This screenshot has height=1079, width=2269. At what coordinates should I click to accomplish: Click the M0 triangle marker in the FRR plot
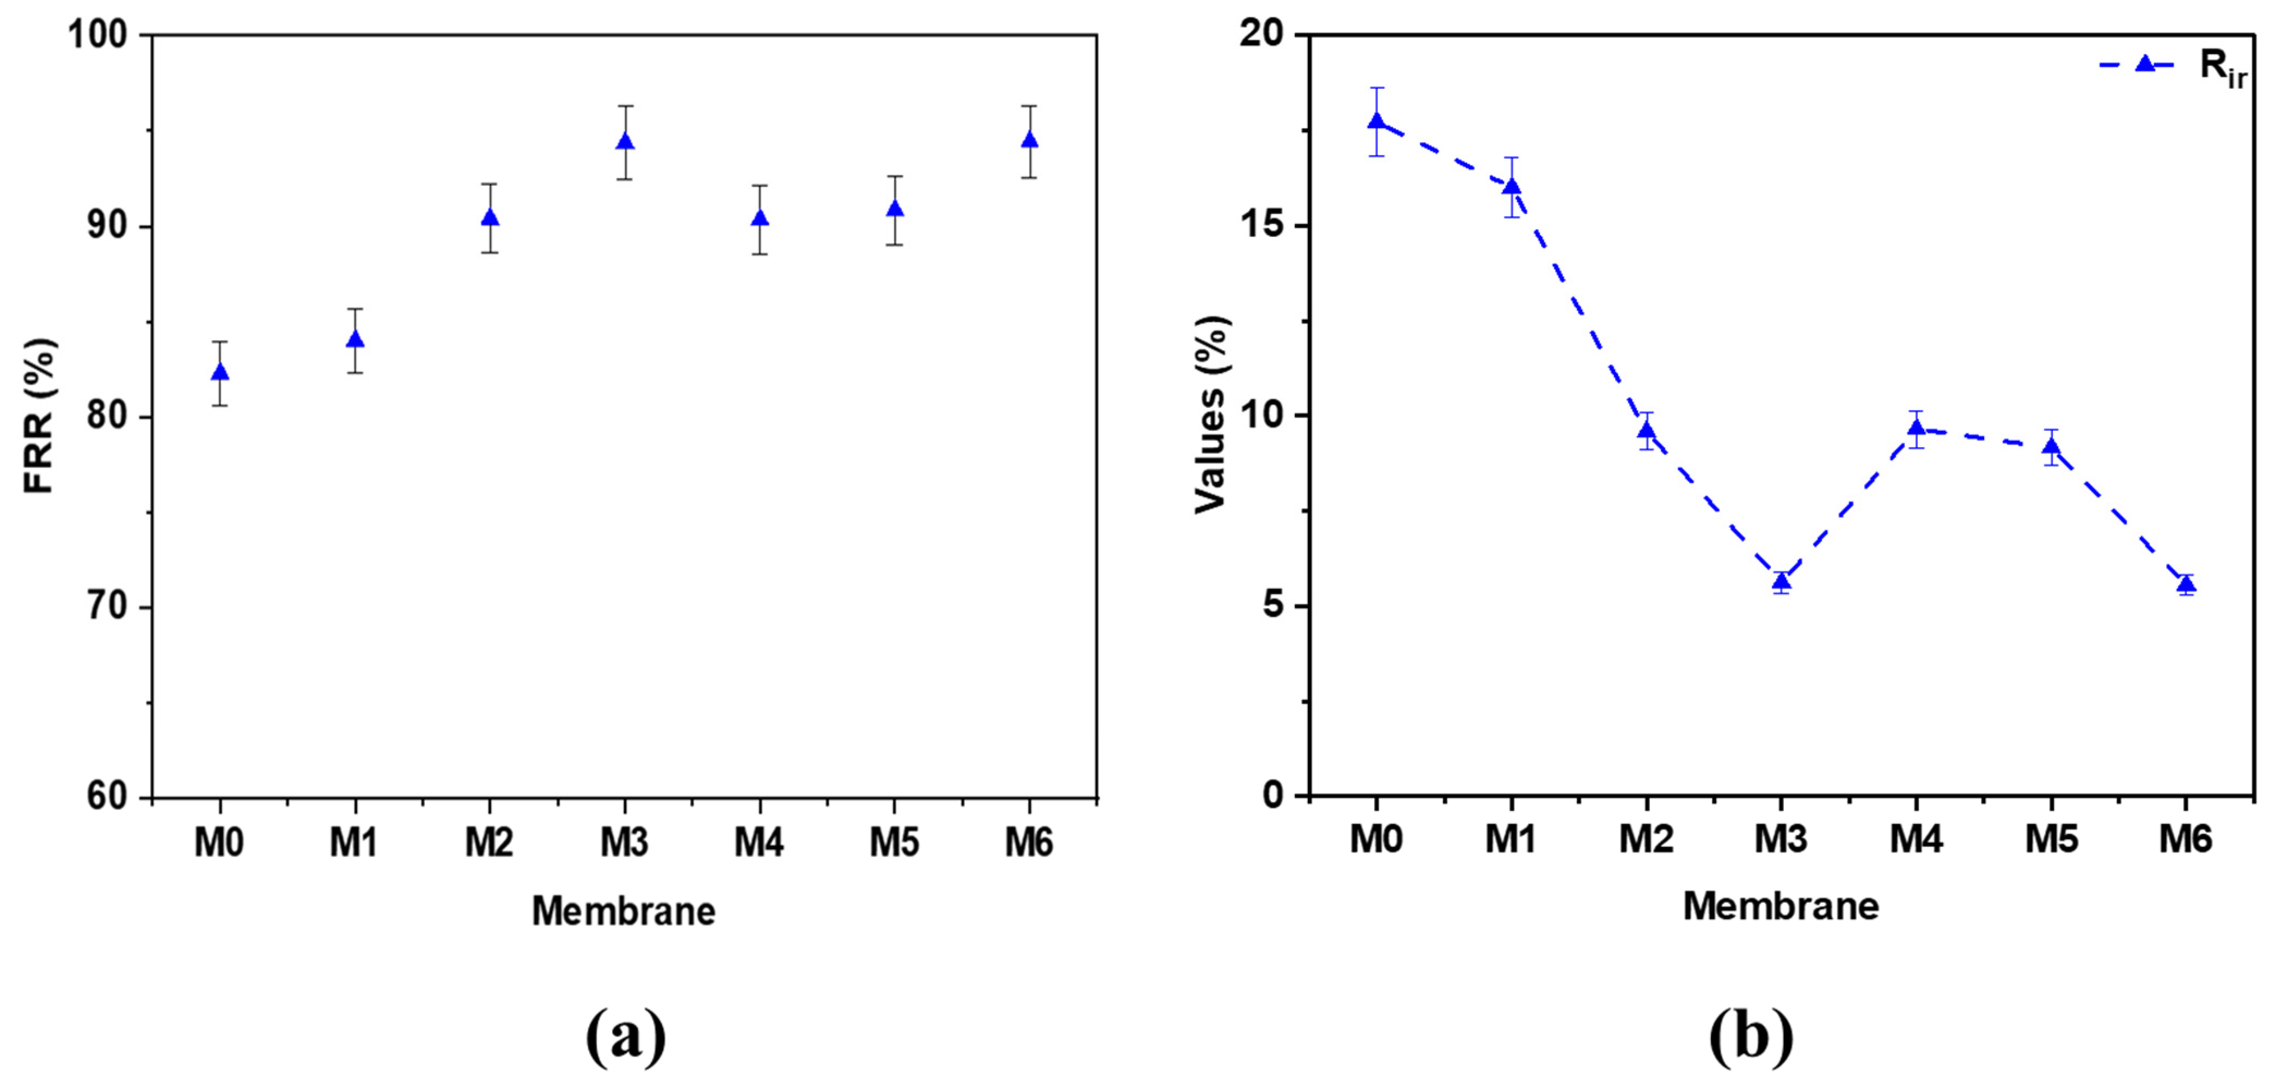click(x=220, y=373)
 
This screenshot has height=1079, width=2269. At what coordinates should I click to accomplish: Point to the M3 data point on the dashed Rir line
click(x=1782, y=581)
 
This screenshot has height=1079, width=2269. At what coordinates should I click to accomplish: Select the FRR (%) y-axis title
click(x=40, y=416)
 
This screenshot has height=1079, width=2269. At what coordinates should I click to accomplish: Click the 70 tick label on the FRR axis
click(x=108, y=608)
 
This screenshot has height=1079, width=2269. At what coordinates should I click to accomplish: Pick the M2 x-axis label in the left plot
click(x=490, y=844)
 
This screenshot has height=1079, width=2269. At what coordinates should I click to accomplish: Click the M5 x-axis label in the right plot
click(x=2051, y=839)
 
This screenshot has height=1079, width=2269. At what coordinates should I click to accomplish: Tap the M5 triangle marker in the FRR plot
click(x=895, y=209)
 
